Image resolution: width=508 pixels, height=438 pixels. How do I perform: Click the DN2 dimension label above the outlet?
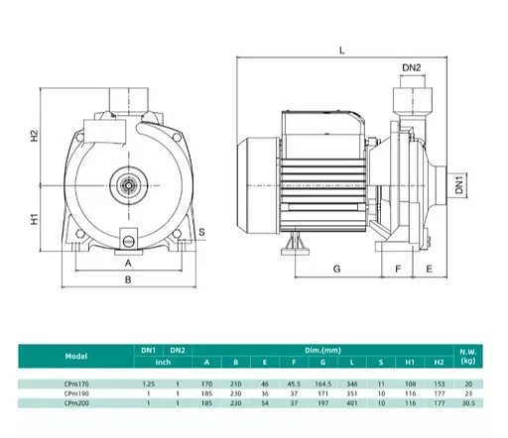[x=412, y=67]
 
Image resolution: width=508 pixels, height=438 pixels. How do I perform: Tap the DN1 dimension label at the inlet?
[x=459, y=185]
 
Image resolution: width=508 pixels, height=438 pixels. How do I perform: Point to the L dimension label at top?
[x=342, y=51]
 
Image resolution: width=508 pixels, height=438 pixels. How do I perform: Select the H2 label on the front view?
[x=35, y=136]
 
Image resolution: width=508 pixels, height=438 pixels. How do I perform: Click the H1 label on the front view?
[x=35, y=219]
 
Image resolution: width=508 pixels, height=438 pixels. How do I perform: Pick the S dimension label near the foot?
[x=201, y=232]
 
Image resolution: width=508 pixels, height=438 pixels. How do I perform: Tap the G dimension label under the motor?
[x=336, y=269]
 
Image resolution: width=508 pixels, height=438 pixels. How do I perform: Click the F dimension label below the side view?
[x=398, y=269]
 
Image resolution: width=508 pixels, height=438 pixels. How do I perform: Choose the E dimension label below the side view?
[x=429, y=269]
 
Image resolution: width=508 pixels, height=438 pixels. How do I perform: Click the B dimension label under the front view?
[x=128, y=279]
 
